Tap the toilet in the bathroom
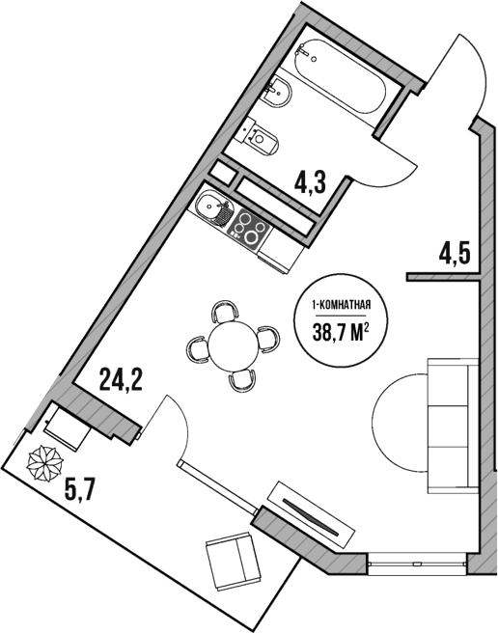coord(263,138)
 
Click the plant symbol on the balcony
coord(43,465)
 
